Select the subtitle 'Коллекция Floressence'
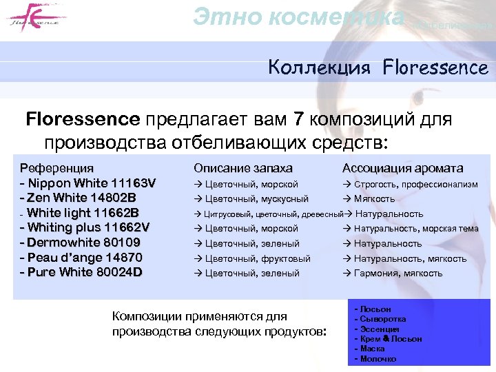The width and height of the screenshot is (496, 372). [378, 68]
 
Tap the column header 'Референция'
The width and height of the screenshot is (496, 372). [57, 168]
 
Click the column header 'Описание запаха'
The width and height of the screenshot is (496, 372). [243, 168]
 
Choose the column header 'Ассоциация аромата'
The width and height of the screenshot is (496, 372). [402, 168]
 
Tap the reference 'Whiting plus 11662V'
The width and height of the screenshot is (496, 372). [88, 228]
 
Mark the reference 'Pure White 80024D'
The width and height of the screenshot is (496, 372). [85, 272]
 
